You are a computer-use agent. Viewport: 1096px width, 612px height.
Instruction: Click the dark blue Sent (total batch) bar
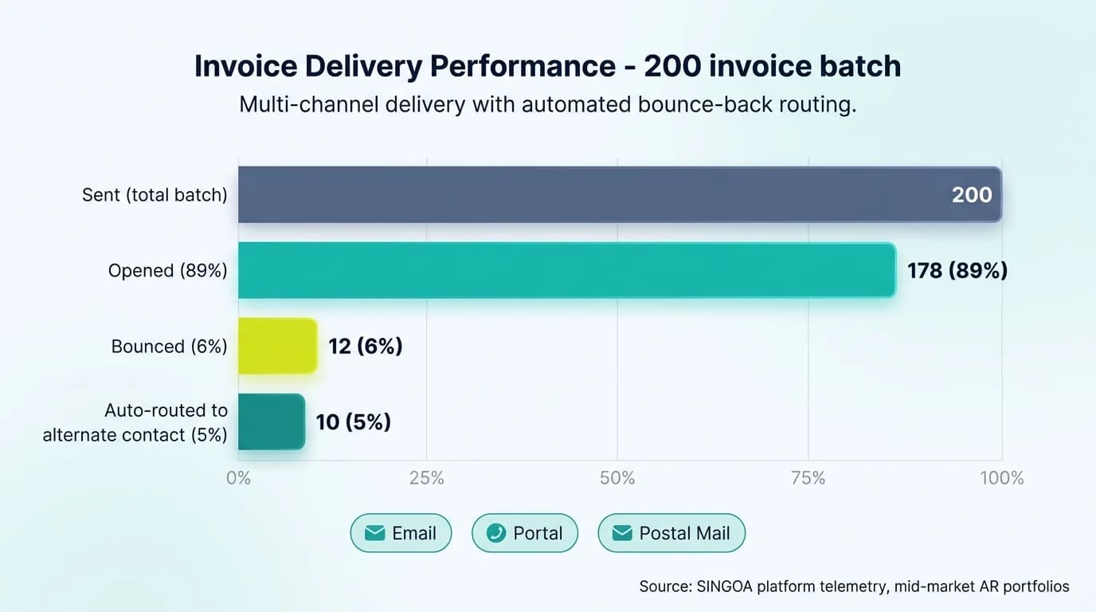[589, 194]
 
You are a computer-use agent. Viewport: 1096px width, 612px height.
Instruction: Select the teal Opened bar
[566, 270]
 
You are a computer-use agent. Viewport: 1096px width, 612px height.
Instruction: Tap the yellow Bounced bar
[277, 346]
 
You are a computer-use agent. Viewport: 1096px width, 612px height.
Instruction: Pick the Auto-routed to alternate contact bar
[271, 422]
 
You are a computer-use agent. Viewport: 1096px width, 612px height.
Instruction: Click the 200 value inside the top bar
[972, 194]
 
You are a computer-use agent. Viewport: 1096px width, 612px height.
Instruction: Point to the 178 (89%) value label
[957, 271]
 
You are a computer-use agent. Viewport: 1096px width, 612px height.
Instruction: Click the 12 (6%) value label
[366, 347]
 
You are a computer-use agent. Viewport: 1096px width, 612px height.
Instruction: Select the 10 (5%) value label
[354, 422]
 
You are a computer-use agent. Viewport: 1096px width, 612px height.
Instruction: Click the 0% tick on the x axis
[238, 478]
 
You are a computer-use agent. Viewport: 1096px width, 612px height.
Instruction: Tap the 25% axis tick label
[427, 478]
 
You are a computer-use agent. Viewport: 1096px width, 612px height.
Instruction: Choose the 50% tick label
[617, 478]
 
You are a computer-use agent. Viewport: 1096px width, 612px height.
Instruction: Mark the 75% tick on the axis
[808, 478]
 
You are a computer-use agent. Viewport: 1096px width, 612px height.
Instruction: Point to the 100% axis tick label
[1001, 478]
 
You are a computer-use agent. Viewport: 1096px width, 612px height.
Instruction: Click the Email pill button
[401, 533]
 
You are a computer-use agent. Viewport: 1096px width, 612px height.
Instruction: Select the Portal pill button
[525, 533]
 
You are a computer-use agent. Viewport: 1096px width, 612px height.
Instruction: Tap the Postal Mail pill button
[671, 533]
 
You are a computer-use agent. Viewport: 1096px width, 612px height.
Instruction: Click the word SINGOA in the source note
[724, 586]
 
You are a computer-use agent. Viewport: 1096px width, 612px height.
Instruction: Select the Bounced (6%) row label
[169, 347]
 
